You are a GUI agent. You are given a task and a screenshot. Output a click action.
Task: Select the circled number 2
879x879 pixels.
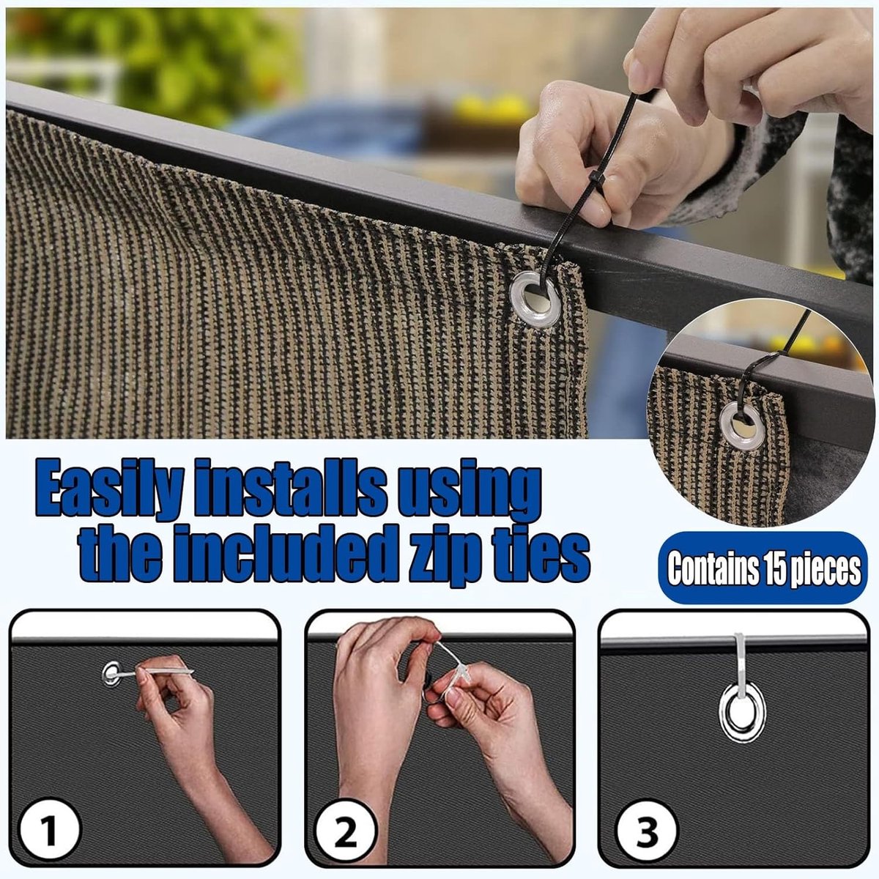tap(345, 831)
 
